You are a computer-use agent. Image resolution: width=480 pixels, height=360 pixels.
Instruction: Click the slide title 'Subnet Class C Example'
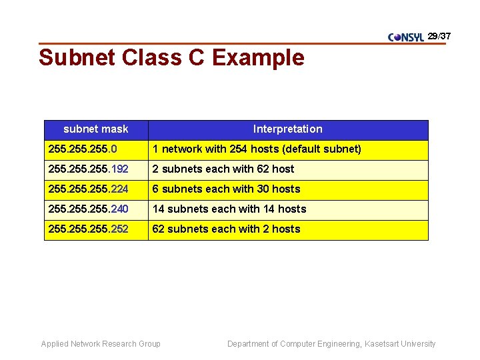coord(171,58)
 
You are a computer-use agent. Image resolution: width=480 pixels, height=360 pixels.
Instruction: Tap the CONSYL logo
coord(406,37)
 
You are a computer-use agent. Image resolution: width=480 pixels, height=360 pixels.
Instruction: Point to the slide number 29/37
coord(439,35)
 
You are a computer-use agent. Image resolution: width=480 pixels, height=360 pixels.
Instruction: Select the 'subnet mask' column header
coord(96,129)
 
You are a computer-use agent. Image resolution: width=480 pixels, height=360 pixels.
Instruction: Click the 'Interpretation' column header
coord(287,129)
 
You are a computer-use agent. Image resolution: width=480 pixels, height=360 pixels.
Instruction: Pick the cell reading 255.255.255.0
coord(82,149)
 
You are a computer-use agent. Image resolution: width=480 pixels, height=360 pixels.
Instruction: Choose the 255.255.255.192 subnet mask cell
coord(88,169)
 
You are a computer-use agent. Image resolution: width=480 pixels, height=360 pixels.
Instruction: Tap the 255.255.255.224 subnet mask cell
coord(88,189)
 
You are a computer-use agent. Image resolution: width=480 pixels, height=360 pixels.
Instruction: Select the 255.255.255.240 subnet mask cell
coord(88,209)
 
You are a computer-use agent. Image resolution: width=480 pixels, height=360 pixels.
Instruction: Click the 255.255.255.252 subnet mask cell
coord(88,229)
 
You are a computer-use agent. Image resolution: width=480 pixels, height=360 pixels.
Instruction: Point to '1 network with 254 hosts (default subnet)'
coord(257,149)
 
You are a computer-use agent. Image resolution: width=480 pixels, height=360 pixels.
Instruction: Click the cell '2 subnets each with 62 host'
coord(223,169)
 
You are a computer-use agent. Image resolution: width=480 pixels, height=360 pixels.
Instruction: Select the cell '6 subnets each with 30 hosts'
coord(227,189)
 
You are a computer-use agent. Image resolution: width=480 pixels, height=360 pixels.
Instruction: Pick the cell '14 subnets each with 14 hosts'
coord(229,209)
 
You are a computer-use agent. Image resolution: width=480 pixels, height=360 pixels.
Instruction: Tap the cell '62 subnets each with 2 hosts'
coord(227,229)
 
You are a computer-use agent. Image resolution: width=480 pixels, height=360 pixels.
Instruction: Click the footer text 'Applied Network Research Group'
coord(101,344)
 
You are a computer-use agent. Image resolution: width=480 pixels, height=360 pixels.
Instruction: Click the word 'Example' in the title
coord(258,58)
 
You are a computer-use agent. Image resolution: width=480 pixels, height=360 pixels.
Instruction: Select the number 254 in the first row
coord(238,149)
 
